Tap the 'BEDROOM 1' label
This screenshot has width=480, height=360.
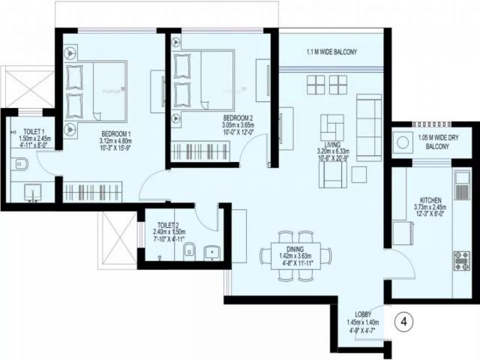[116, 134]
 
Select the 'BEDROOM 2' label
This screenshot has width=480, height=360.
[238, 118]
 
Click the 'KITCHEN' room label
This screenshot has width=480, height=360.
[430, 200]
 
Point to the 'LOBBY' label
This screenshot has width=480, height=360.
[363, 314]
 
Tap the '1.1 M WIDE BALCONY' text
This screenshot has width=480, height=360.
[331, 52]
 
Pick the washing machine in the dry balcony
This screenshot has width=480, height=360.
[402, 142]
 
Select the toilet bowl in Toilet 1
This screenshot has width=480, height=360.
[20, 164]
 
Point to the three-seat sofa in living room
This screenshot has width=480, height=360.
[368, 128]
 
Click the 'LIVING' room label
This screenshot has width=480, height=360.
[332, 144]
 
